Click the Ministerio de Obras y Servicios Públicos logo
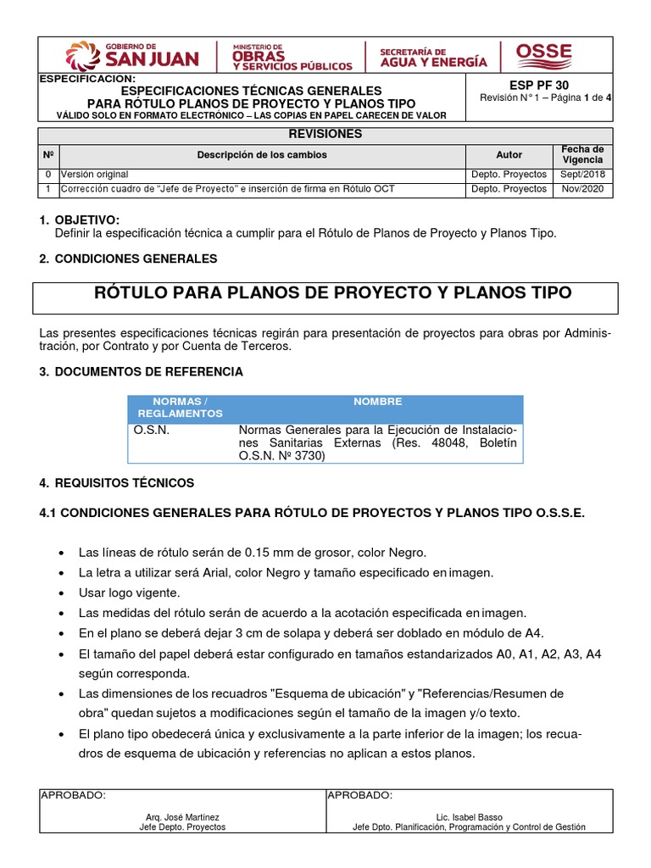(289, 56)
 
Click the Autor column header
(509, 155)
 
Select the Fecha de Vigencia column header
(582, 154)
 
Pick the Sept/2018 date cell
(582, 175)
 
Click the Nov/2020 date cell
(582, 189)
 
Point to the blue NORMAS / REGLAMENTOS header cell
(178, 407)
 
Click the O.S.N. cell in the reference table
(152, 430)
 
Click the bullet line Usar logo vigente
(129, 593)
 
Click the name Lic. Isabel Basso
(469, 818)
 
